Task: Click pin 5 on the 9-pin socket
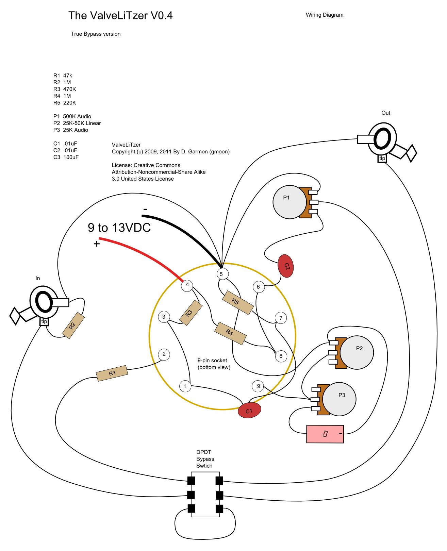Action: (x=221, y=274)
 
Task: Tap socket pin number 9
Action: (x=258, y=386)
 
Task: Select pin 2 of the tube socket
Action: (x=164, y=354)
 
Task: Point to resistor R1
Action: (x=112, y=373)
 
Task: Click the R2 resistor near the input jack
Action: (x=73, y=325)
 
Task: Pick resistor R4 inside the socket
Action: (x=230, y=333)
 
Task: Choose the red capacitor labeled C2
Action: (x=286, y=266)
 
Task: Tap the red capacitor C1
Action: (x=249, y=410)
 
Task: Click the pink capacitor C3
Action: (x=325, y=434)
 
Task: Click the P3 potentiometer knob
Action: (x=340, y=399)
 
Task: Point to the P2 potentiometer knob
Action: (x=357, y=352)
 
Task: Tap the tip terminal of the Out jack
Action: (x=382, y=158)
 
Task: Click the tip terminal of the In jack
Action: (x=44, y=322)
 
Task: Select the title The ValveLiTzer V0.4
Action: (x=120, y=16)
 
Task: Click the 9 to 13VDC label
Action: (x=119, y=228)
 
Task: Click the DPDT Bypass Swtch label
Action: (x=205, y=459)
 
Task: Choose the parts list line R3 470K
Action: (x=65, y=89)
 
